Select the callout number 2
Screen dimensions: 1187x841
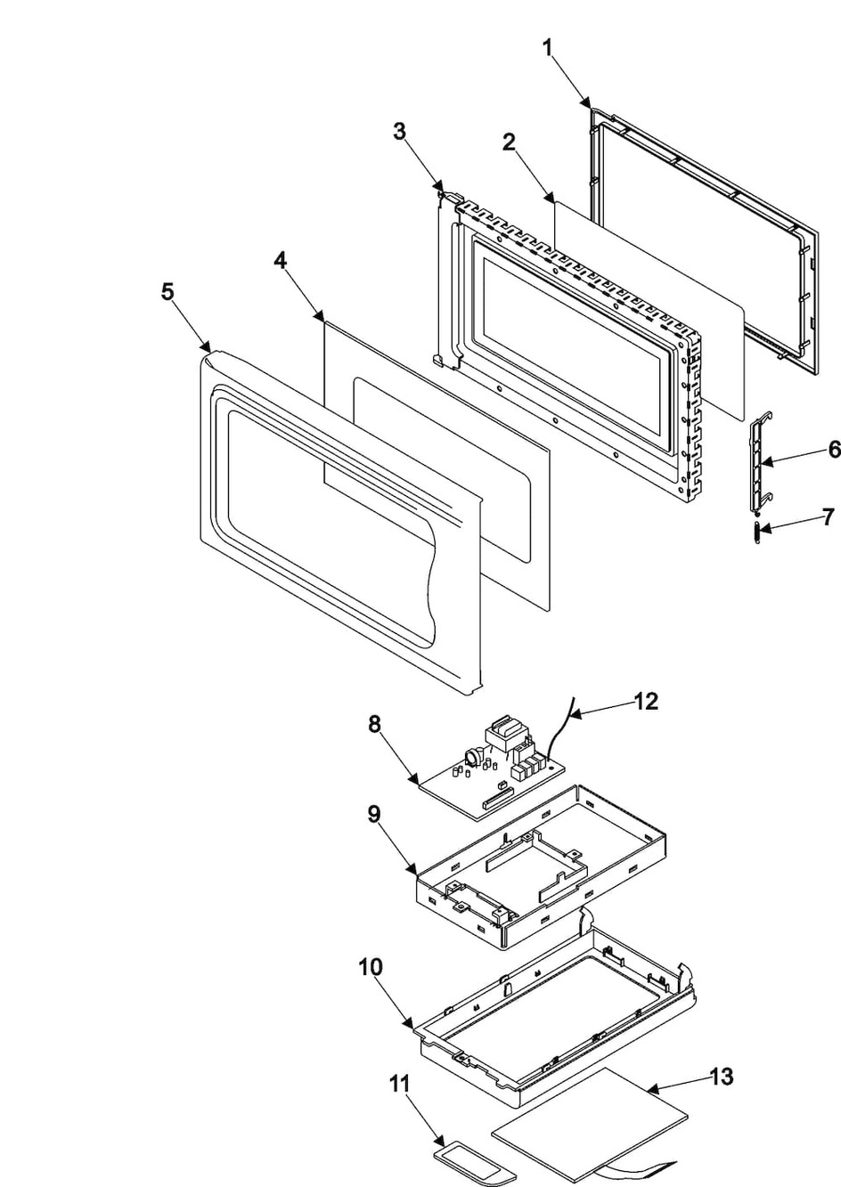pyautogui.click(x=509, y=142)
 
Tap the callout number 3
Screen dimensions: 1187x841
pyautogui.click(x=400, y=131)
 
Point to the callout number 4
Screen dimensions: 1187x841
pyautogui.click(x=281, y=260)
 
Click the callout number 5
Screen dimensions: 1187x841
pyautogui.click(x=167, y=292)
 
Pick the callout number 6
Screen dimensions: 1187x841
pyautogui.click(x=833, y=450)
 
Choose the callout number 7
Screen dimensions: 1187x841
pyautogui.click(x=829, y=516)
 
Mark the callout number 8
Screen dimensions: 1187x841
pyautogui.click(x=374, y=724)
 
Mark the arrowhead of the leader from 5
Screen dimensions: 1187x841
pyautogui.click(x=208, y=349)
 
